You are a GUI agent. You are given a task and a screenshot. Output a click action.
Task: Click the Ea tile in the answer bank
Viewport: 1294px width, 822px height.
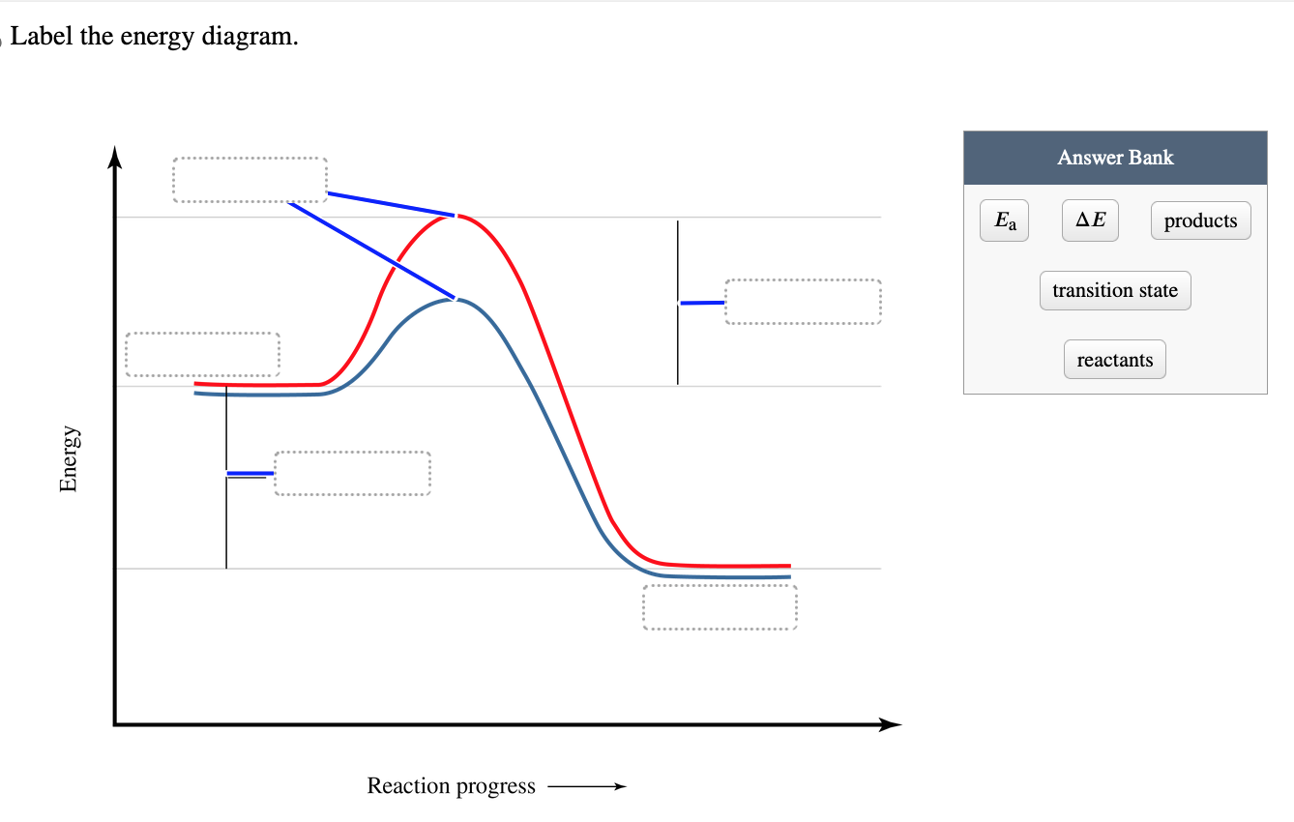pos(1004,220)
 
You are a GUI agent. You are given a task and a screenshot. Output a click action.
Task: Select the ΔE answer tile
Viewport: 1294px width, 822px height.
pos(1090,220)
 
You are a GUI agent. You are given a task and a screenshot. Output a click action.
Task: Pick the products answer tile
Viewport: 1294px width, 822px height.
pos(1200,220)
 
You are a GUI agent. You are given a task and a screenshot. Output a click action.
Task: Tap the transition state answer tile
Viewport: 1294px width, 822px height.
pos(1115,290)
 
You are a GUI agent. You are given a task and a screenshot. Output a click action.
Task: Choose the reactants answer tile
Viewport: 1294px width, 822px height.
pos(1115,360)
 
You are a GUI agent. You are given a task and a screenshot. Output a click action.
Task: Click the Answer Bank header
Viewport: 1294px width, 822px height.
pos(1115,158)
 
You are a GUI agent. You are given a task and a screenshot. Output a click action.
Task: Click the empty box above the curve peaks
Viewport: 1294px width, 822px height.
pos(250,180)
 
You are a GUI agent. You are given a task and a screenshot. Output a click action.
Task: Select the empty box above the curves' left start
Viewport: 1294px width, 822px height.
pos(203,354)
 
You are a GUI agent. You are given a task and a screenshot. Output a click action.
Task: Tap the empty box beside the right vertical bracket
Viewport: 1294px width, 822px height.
pos(803,302)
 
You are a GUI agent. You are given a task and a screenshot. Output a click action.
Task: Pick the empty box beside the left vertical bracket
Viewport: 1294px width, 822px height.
pos(352,473)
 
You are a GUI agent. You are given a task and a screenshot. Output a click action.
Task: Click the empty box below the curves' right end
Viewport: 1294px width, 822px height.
pos(720,607)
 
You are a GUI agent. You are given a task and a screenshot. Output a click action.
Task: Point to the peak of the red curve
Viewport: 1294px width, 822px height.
pos(457,216)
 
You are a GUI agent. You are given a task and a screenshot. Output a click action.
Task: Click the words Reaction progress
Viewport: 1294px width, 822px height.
pos(452,786)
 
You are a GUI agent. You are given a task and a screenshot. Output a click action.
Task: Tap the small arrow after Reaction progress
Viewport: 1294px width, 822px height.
pos(587,786)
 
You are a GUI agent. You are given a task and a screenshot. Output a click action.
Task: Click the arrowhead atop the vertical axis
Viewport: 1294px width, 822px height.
pos(115,157)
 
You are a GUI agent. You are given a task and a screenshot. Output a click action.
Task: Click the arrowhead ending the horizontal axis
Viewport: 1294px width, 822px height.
pos(890,724)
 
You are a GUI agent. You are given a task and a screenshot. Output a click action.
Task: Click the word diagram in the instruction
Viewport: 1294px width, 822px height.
pos(250,37)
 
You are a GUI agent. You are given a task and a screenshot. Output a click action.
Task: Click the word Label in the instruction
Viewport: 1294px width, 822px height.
pos(42,36)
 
